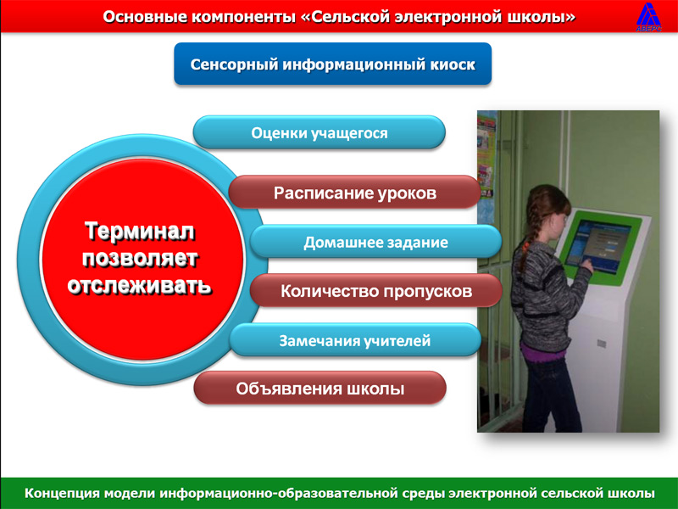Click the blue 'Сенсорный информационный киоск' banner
click(332, 64)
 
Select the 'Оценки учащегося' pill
click(320, 132)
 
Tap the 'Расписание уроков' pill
click(354, 193)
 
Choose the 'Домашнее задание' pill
click(375, 242)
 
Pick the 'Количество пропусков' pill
click(375, 291)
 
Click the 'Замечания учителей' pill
click(355, 340)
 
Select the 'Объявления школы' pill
click(320, 389)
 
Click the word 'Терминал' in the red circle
click(139, 231)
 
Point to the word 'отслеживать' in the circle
click(139, 286)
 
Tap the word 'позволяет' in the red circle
click(140, 259)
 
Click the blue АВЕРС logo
click(648, 17)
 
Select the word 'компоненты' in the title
click(242, 18)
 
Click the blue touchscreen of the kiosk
click(595, 244)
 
